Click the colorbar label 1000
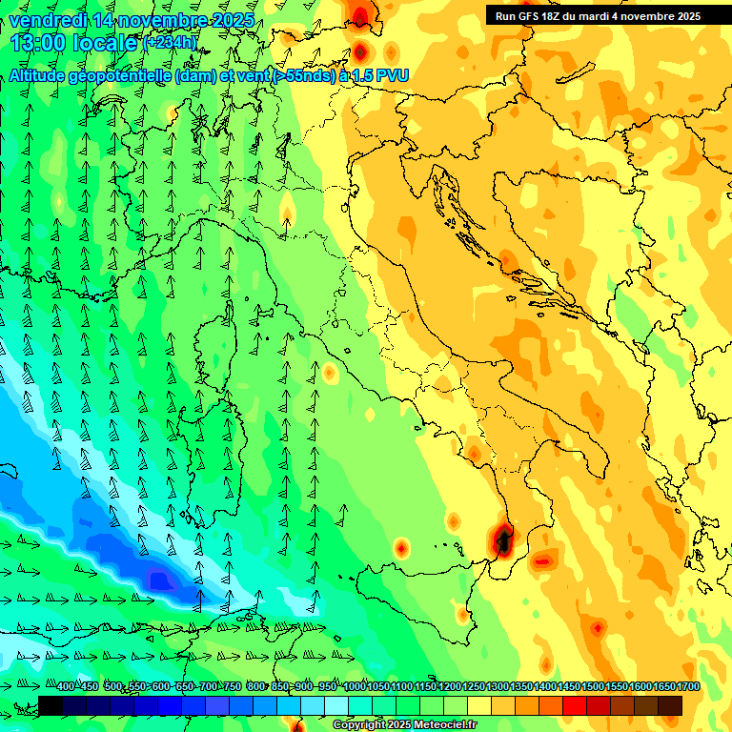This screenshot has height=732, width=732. coord(355,686)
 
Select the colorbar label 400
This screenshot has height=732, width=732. coord(66,686)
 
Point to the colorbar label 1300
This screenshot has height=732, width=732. coord(498,686)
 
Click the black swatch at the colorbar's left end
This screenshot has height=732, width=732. coord(51,705)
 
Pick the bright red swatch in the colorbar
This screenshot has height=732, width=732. coord(575,705)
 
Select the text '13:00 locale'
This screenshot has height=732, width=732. coord(74,43)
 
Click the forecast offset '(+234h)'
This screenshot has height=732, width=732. coord(170,43)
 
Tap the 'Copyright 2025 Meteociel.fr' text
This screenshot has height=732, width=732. coord(404,725)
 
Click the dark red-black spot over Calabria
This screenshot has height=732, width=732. coord(502,539)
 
